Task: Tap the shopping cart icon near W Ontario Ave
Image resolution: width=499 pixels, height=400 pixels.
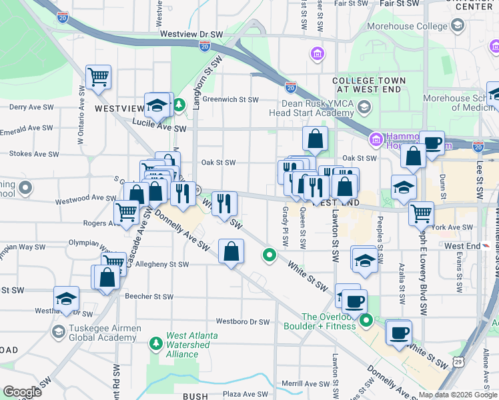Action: (x=99, y=77)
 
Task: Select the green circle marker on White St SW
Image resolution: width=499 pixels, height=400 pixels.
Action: (x=270, y=255)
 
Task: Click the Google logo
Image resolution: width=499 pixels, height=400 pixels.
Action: (x=22, y=392)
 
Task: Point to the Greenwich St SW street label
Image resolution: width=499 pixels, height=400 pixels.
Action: (x=230, y=100)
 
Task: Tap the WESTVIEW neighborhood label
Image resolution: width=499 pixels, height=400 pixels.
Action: (x=119, y=108)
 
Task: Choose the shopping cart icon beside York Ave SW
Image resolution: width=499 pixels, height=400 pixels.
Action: (x=421, y=213)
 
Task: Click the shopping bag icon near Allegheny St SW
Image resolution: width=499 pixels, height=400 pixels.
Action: (x=231, y=252)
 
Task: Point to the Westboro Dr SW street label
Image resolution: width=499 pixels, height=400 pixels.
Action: (x=242, y=322)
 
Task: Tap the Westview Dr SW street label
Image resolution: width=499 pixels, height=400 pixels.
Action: (x=190, y=33)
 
